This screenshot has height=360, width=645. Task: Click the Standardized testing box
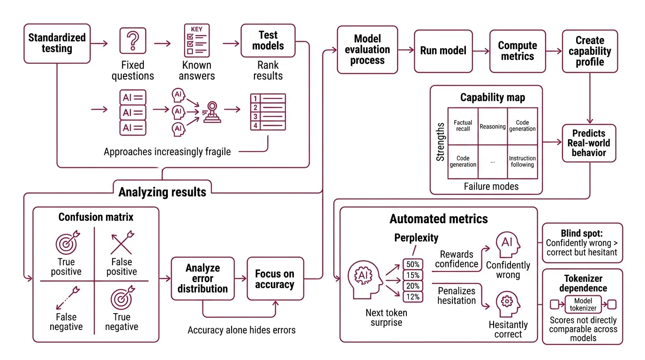(x=57, y=43)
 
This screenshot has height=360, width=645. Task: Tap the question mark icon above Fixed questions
(x=133, y=40)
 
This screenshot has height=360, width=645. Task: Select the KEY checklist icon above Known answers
(x=196, y=40)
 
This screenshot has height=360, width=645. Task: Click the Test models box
(x=268, y=41)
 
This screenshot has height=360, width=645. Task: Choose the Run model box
(x=443, y=51)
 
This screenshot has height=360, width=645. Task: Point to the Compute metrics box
(x=517, y=51)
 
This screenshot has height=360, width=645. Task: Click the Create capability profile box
(x=590, y=51)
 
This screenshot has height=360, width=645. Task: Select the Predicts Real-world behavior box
(x=588, y=143)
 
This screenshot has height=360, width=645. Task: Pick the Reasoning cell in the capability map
(x=492, y=126)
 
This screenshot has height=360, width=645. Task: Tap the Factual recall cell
(x=463, y=126)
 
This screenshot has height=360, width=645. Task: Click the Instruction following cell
(x=522, y=162)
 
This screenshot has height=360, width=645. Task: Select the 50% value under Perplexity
(x=413, y=264)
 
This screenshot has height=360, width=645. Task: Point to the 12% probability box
(x=413, y=297)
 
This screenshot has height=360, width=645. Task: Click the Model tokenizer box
(x=583, y=305)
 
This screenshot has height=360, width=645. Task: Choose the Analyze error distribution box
(x=202, y=278)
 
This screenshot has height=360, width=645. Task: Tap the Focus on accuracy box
(x=274, y=278)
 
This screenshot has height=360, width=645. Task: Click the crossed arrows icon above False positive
(x=121, y=242)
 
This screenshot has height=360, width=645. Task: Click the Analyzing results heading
(x=162, y=192)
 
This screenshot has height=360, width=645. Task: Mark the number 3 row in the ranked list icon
(x=268, y=116)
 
